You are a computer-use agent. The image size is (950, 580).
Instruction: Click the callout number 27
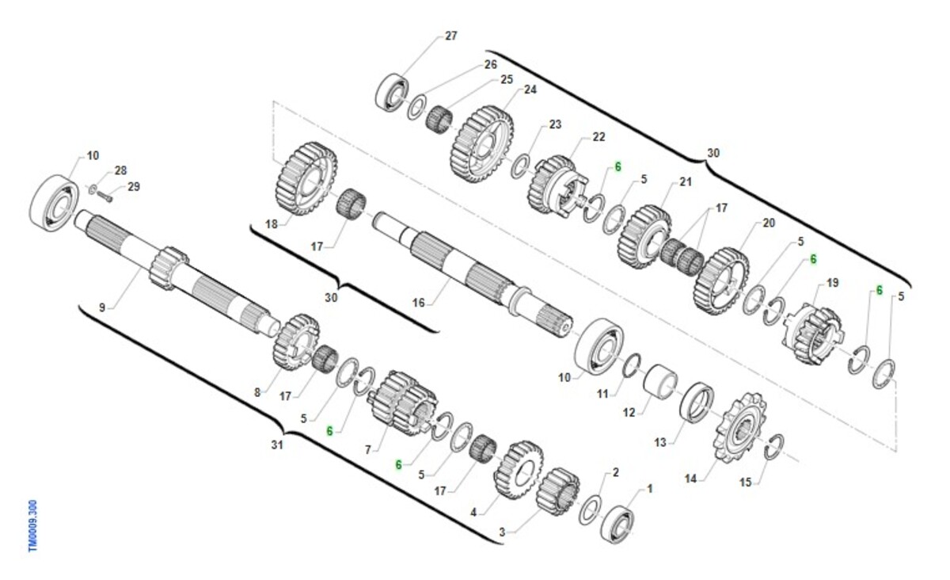click(x=450, y=36)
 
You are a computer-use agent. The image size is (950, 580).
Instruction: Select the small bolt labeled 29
click(x=104, y=197)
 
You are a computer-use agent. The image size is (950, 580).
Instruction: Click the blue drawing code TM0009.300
click(x=33, y=525)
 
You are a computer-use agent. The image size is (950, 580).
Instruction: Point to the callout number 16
click(x=418, y=303)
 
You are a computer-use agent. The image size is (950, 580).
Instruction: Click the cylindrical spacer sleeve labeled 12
click(x=660, y=382)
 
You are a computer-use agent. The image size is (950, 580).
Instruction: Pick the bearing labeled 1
click(x=617, y=524)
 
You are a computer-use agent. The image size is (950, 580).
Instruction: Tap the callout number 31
click(x=277, y=445)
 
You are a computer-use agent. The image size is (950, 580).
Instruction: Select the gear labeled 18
click(x=306, y=179)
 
